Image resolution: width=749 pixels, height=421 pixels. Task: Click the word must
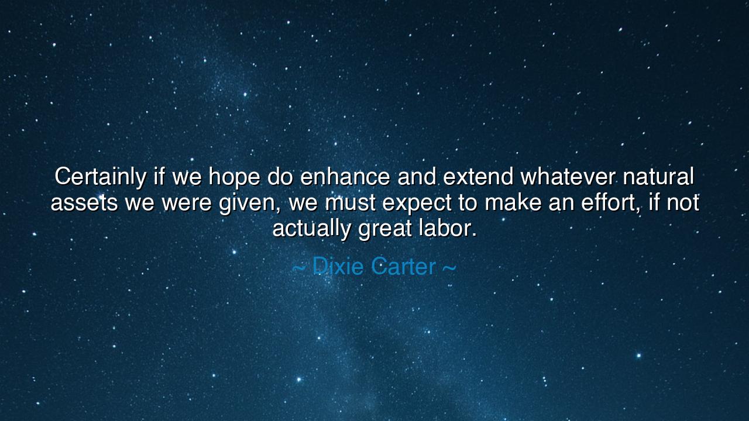(x=350, y=203)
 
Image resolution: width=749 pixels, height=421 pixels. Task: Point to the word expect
(x=417, y=203)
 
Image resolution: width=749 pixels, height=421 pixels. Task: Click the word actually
(x=311, y=228)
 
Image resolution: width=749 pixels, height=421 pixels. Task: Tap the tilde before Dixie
(x=298, y=268)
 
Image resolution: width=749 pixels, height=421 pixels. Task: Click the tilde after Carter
(x=449, y=268)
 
